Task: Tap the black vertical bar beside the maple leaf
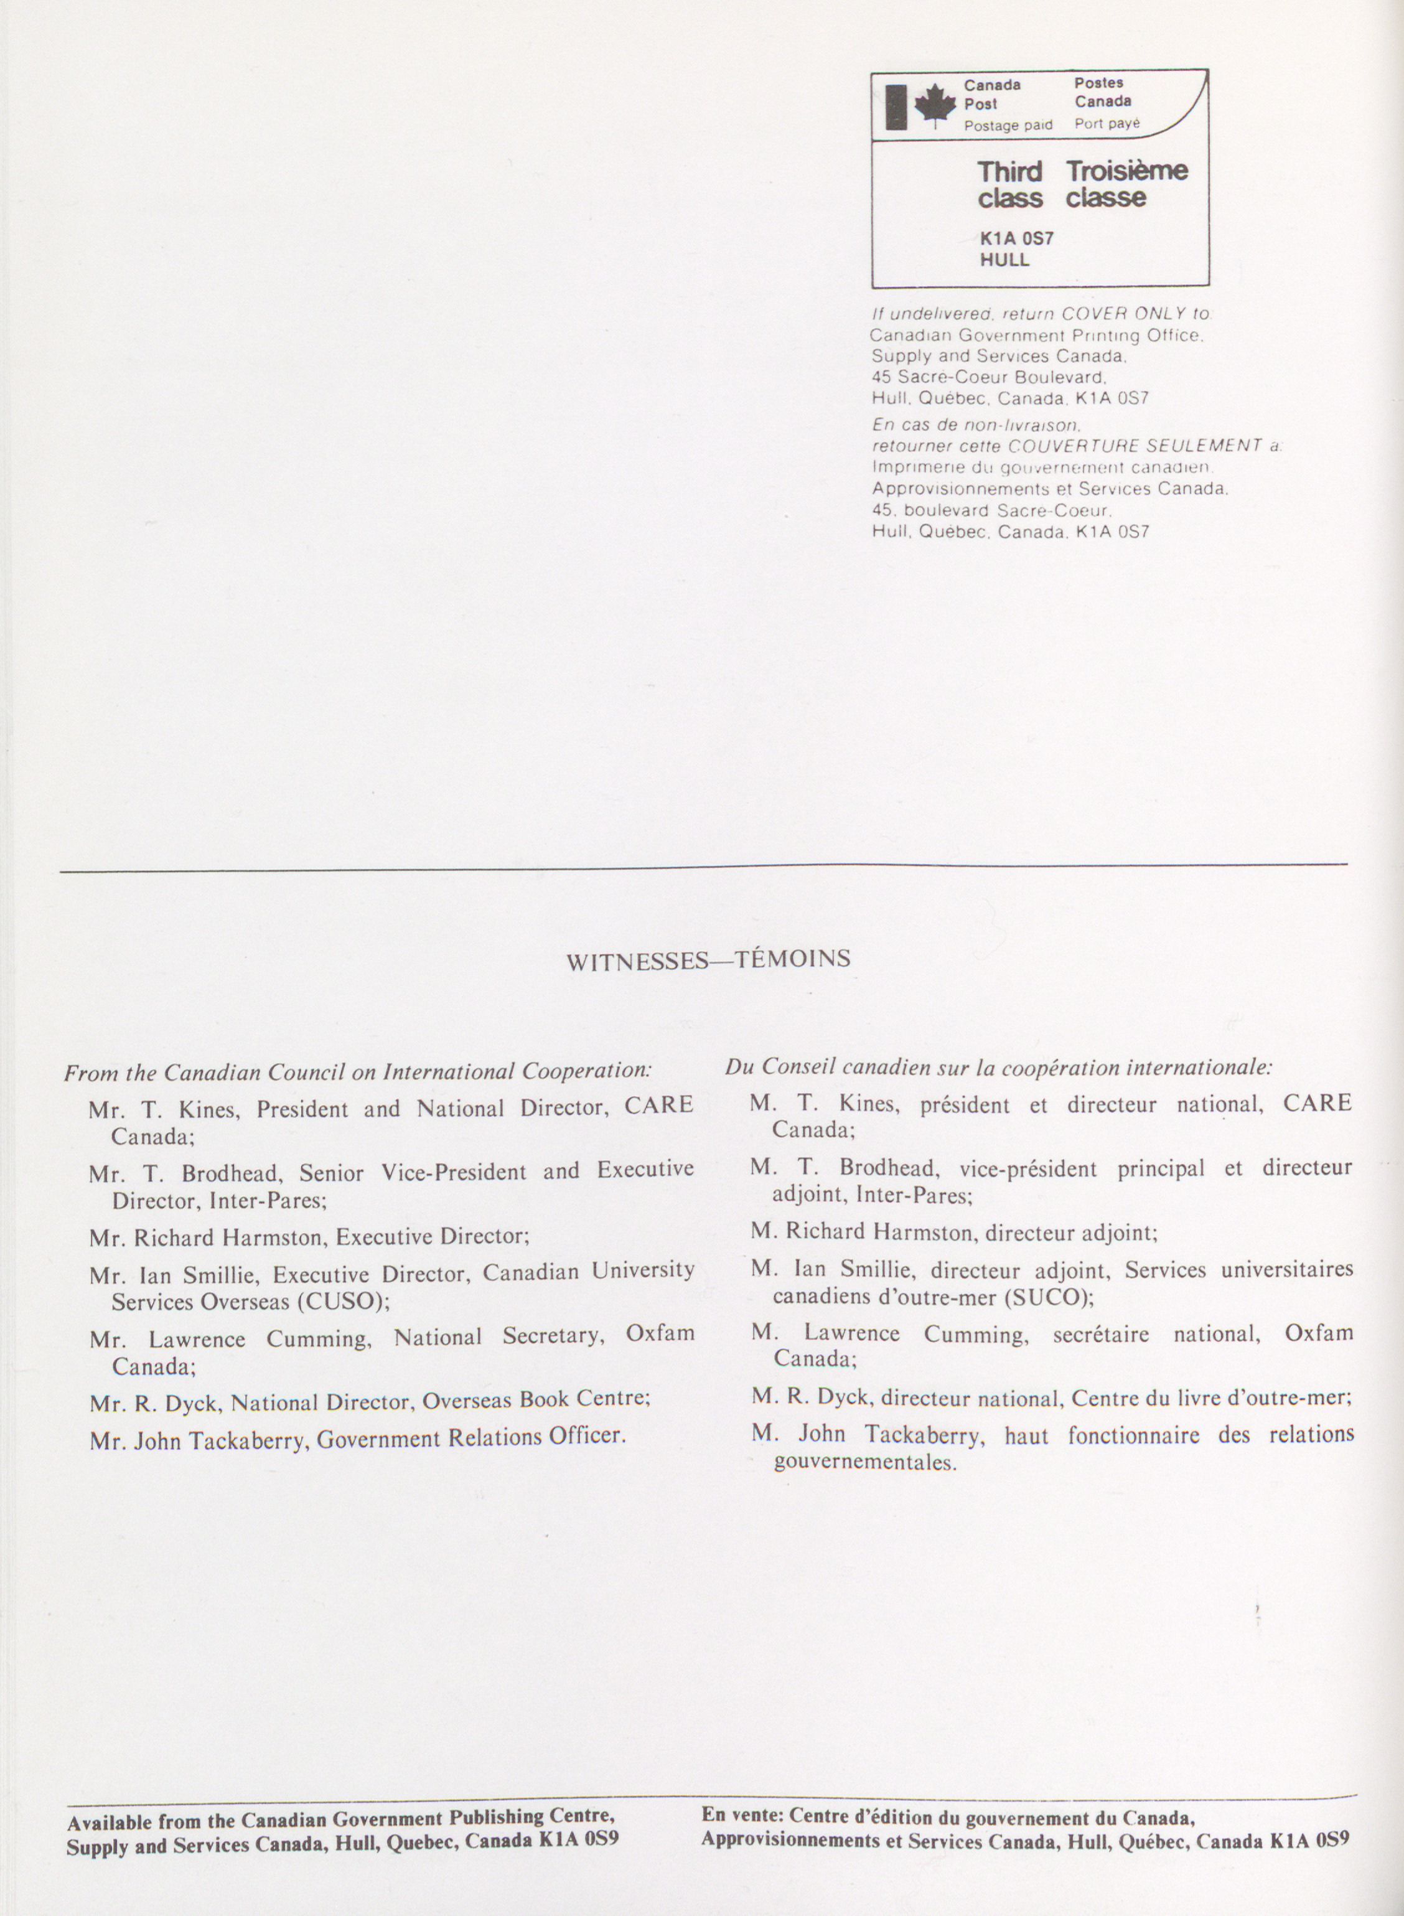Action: point(896,107)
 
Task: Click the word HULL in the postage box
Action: point(1004,260)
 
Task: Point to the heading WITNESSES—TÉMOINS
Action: point(708,960)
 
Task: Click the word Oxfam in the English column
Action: point(660,1333)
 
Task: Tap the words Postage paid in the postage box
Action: point(1008,126)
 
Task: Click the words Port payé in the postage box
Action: point(1107,124)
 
